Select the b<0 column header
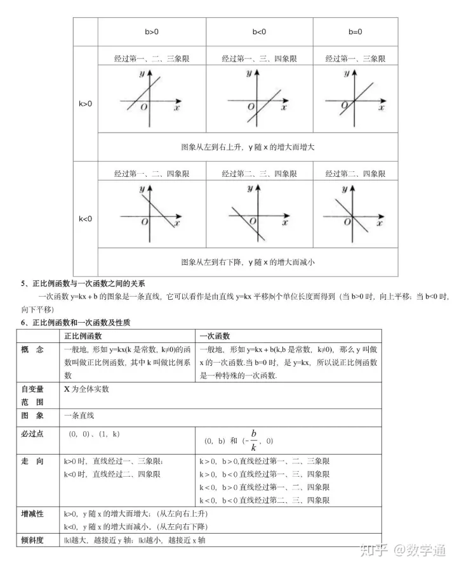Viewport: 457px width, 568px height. coord(258,30)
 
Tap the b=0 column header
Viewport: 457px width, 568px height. coord(355,30)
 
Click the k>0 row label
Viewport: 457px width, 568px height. coord(85,103)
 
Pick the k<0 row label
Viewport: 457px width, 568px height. coord(85,219)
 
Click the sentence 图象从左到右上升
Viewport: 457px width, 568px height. coord(248,146)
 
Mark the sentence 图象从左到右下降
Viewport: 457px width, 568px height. coord(248,261)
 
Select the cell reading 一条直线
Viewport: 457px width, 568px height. coord(79,415)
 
